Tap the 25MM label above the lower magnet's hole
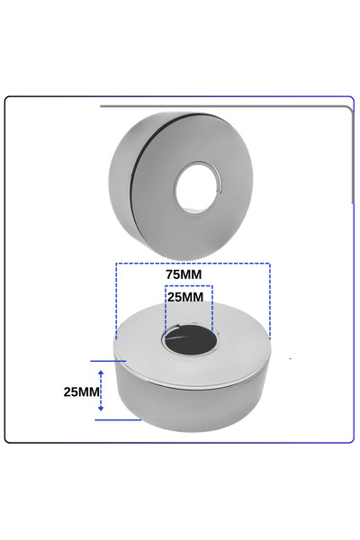point(188,296)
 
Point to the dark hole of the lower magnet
point(188,341)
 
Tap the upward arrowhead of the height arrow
point(101,368)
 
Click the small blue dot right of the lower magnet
point(290,359)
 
